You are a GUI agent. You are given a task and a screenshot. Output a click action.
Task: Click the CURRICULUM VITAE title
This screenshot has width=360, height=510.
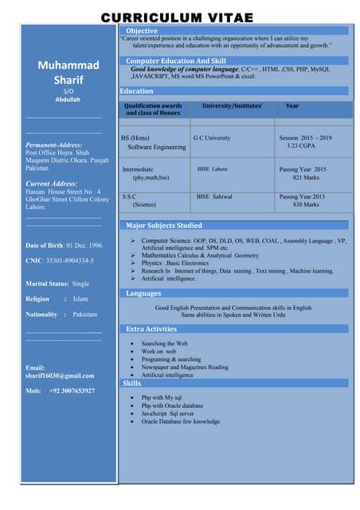(x=178, y=17)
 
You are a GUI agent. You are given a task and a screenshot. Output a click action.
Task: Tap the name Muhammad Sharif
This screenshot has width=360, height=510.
(x=68, y=73)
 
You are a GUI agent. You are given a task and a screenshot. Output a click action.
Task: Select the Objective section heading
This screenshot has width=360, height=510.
(x=142, y=30)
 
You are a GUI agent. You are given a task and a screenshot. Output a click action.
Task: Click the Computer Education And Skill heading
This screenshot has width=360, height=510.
(x=175, y=61)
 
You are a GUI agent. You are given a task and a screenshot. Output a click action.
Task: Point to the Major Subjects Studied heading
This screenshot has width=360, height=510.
(x=164, y=226)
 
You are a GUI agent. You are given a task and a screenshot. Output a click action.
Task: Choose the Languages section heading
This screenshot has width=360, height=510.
(x=143, y=293)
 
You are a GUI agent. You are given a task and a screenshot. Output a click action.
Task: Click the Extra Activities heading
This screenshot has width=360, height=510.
(x=151, y=328)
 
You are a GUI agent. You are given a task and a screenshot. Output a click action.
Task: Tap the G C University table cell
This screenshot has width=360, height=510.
(x=212, y=138)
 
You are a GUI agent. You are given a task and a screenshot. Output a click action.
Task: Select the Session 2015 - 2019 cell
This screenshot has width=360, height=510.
(x=305, y=138)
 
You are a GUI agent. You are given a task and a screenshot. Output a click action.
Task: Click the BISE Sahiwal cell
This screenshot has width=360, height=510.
(x=214, y=196)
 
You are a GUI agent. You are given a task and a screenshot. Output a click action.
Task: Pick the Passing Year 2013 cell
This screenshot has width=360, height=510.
(x=302, y=196)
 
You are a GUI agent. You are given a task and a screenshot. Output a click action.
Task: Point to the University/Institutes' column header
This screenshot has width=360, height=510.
(x=232, y=105)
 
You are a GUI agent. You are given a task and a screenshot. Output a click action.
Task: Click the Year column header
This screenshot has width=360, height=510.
(x=292, y=105)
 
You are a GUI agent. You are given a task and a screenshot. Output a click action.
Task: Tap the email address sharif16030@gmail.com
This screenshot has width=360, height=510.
(x=60, y=375)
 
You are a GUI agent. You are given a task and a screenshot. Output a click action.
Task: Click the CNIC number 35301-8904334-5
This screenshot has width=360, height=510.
(x=59, y=260)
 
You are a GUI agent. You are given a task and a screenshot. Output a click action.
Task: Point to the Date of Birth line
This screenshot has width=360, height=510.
(x=64, y=245)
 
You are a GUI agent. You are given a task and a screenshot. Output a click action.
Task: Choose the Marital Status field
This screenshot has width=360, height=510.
(x=57, y=283)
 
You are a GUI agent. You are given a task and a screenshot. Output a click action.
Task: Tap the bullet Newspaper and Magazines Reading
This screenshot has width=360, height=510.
(x=185, y=367)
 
